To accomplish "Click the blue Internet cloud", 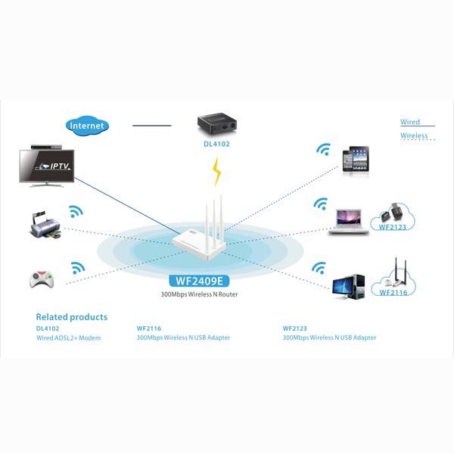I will point(88,125).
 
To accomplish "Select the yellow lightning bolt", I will point(218,172).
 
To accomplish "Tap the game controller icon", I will point(42,279).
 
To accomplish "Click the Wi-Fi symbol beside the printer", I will point(76,213).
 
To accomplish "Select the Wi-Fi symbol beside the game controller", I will point(77,269).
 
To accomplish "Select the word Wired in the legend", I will point(410,122).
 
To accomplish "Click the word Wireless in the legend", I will point(414,136).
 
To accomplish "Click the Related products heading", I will point(72,317).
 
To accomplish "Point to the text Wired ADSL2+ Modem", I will point(68,337).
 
